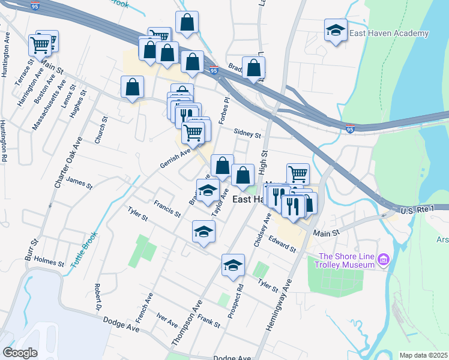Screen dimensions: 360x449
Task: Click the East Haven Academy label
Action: pos(390,34)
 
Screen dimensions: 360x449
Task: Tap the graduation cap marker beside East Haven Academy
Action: pos(336,30)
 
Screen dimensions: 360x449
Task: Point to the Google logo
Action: pos(20,352)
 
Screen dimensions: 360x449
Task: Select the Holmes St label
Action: pos(49,262)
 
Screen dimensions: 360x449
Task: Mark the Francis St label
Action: pos(167,208)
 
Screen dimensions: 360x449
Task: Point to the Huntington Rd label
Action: pos(4,141)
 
